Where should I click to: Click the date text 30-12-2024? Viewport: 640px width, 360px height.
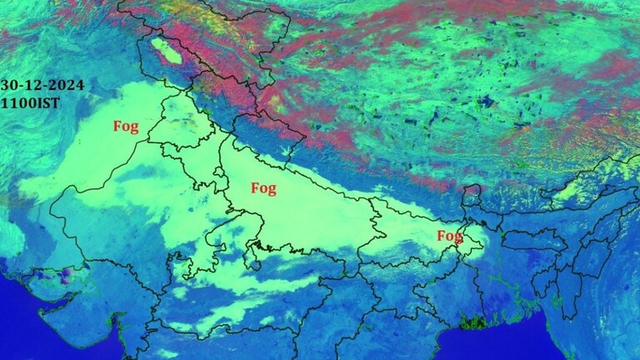[x=36, y=85]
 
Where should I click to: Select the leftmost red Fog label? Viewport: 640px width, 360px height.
[x=126, y=127]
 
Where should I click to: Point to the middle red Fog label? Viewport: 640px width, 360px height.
[x=263, y=188]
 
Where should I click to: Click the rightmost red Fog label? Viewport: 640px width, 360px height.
[x=450, y=237]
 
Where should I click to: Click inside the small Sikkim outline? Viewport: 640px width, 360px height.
[x=472, y=198]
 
